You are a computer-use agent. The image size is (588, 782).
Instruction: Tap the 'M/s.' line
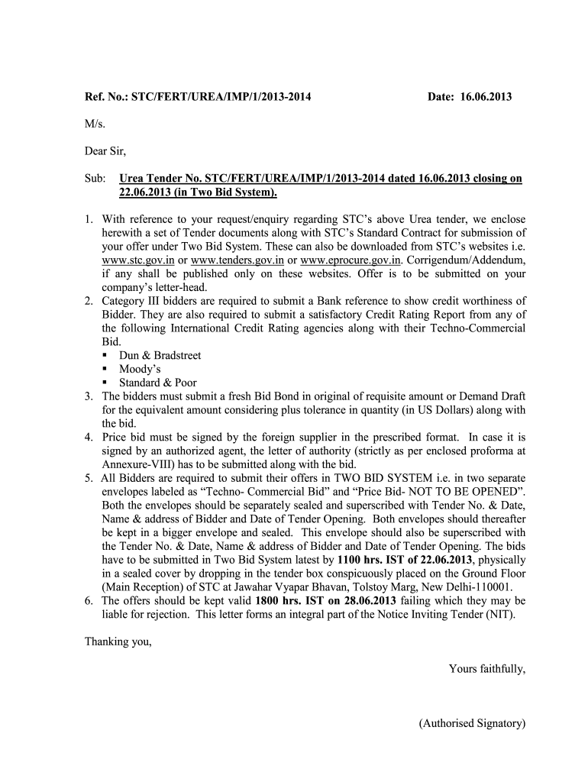94,124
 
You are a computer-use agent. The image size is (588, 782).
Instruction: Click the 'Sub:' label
95,178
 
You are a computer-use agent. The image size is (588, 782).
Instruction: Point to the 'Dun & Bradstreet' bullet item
160,356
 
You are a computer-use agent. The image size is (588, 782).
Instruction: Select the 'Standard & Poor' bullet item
157,383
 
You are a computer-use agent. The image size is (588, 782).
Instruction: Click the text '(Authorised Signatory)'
472,723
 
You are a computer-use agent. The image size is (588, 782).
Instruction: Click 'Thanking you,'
118,641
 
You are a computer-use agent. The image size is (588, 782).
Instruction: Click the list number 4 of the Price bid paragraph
89,438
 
